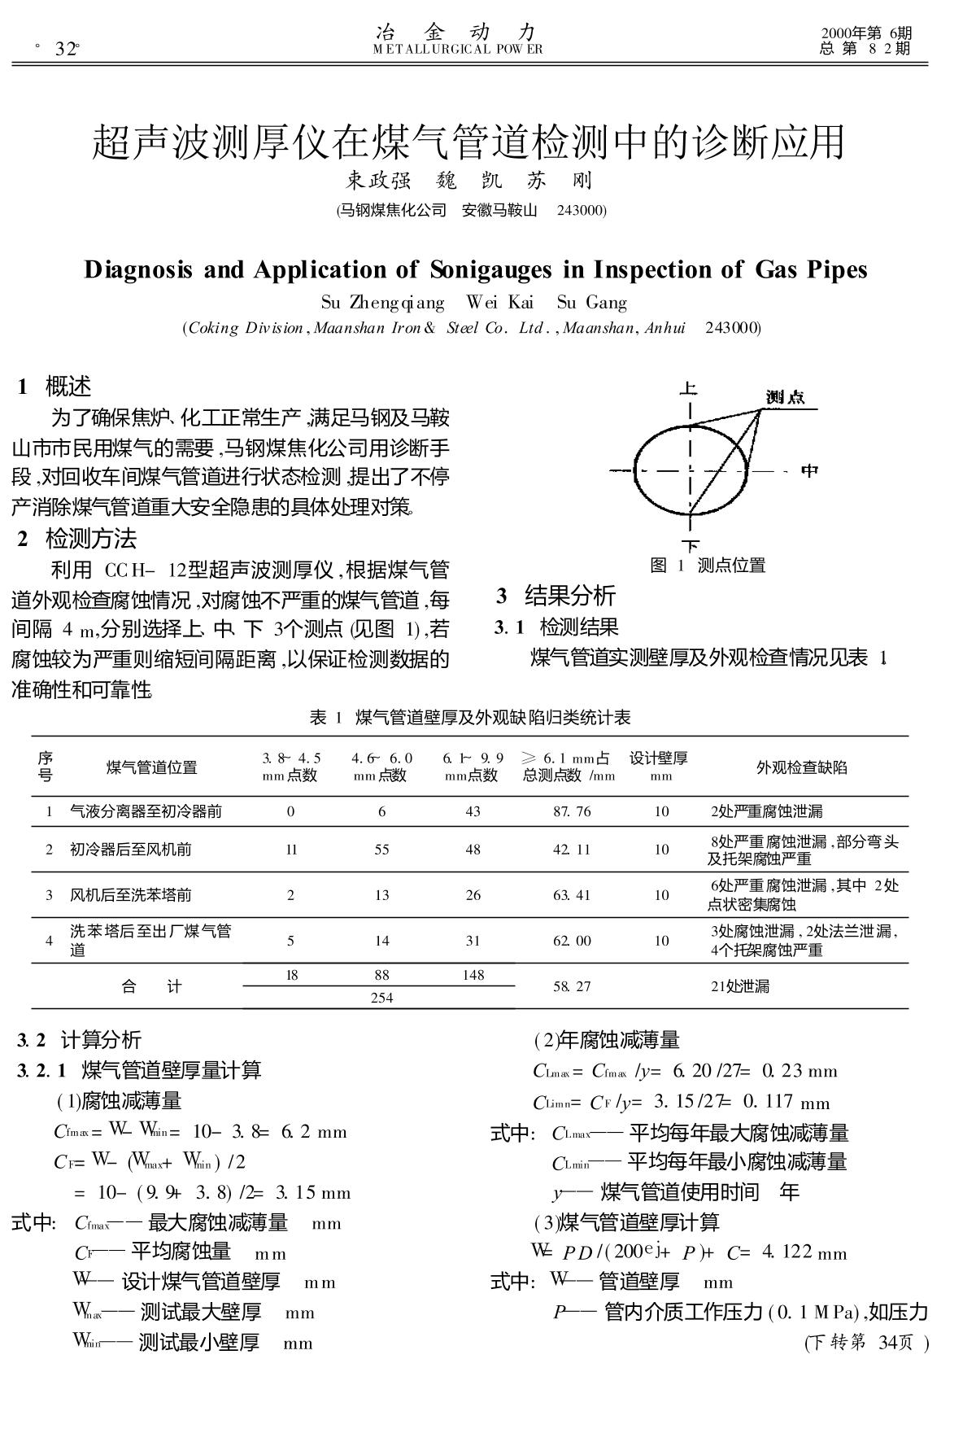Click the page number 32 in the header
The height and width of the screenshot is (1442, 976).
[65, 50]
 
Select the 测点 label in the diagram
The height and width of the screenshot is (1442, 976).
[785, 397]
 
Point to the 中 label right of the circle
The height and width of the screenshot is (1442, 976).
[809, 470]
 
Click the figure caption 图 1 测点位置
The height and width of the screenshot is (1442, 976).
[708, 565]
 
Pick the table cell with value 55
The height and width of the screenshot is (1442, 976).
[381, 850]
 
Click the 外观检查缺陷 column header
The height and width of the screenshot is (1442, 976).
[801, 767]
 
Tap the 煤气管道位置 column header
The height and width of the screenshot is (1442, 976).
[151, 767]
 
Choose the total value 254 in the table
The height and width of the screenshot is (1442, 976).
[381, 998]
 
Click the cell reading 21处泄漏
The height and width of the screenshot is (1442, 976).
[739, 986]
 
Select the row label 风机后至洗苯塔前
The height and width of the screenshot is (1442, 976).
[130, 895]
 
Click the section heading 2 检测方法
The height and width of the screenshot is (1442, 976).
[78, 539]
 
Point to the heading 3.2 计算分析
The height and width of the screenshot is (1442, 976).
[79, 1039]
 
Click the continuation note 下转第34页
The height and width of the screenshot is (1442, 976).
[866, 1343]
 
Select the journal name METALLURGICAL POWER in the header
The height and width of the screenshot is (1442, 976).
[457, 49]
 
